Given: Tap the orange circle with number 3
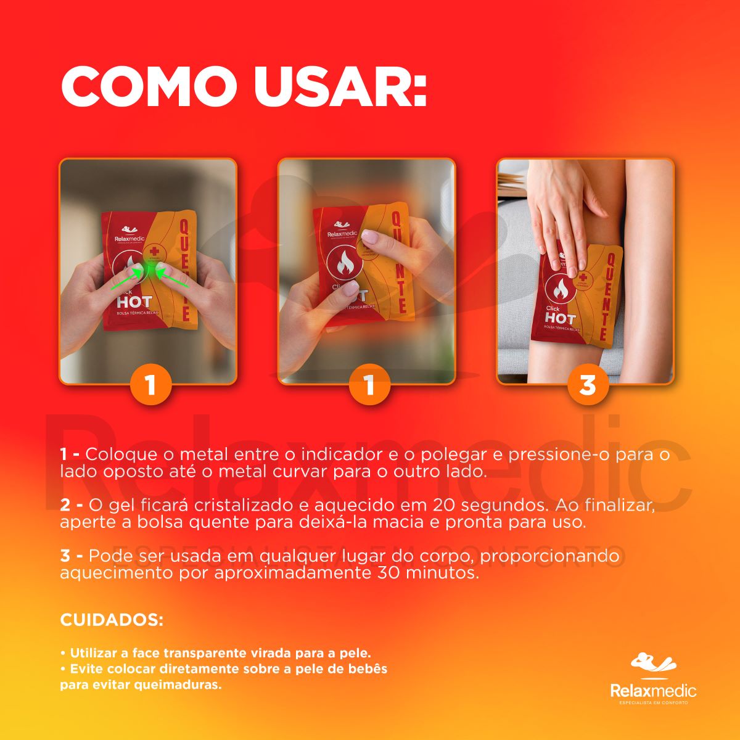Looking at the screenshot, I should pyautogui.click(x=588, y=385).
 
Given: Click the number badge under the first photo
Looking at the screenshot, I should pyautogui.click(x=150, y=385).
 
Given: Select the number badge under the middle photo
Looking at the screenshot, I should pyautogui.click(x=369, y=385).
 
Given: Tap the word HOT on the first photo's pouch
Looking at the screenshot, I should pyautogui.click(x=134, y=303).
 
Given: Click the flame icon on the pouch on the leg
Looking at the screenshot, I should pyautogui.click(x=562, y=289).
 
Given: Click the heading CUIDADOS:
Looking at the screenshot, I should pyautogui.click(x=112, y=620).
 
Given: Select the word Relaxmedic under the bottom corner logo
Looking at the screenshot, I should pyautogui.click(x=653, y=691).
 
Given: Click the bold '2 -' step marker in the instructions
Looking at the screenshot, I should pyautogui.click(x=72, y=505).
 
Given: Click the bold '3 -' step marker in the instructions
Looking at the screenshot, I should pyautogui.click(x=72, y=556).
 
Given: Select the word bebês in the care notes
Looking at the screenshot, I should pyautogui.click(x=366, y=669).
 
